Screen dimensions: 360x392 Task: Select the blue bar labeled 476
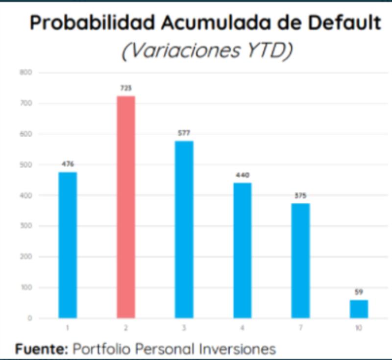[x=68, y=245]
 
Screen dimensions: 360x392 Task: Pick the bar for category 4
[x=242, y=250]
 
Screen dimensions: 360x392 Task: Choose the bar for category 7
[x=300, y=260]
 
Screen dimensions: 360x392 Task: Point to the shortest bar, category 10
[x=359, y=309]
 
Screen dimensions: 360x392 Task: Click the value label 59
[x=359, y=292]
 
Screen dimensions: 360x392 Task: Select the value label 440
[x=242, y=175]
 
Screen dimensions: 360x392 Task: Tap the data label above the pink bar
[x=125, y=88]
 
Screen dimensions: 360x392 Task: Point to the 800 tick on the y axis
[x=26, y=73]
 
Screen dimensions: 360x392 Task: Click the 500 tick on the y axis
[x=26, y=165]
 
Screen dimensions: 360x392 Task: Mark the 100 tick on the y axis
[x=26, y=288]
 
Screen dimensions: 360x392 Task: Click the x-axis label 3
[x=184, y=328]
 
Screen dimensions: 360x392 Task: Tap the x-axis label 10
[x=359, y=328]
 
